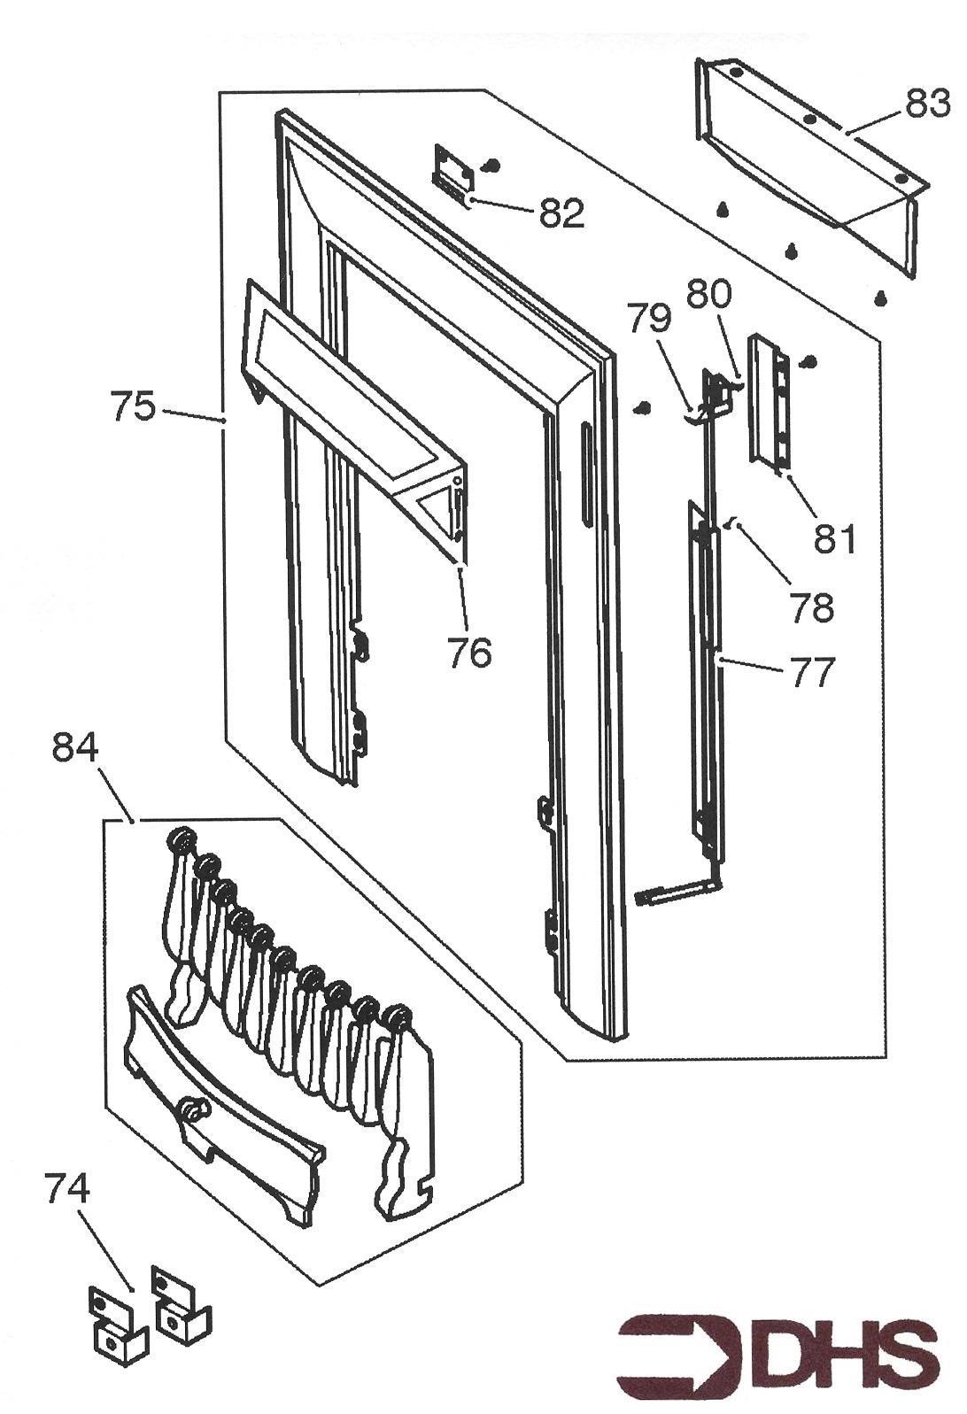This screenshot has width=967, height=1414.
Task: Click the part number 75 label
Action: (x=133, y=408)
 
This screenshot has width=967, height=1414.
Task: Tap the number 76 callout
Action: (x=468, y=653)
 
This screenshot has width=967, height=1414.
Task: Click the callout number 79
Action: (x=650, y=317)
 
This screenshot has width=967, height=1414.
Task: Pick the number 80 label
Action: (x=709, y=293)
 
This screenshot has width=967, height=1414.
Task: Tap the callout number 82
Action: (x=562, y=213)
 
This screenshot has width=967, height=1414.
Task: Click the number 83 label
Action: (x=927, y=104)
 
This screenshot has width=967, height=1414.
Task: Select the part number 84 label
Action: (x=76, y=749)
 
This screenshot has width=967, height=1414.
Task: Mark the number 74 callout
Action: (x=67, y=1189)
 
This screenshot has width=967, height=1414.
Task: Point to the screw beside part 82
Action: (x=493, y=165)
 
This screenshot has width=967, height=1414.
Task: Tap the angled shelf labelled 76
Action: (x=345, y=390)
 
